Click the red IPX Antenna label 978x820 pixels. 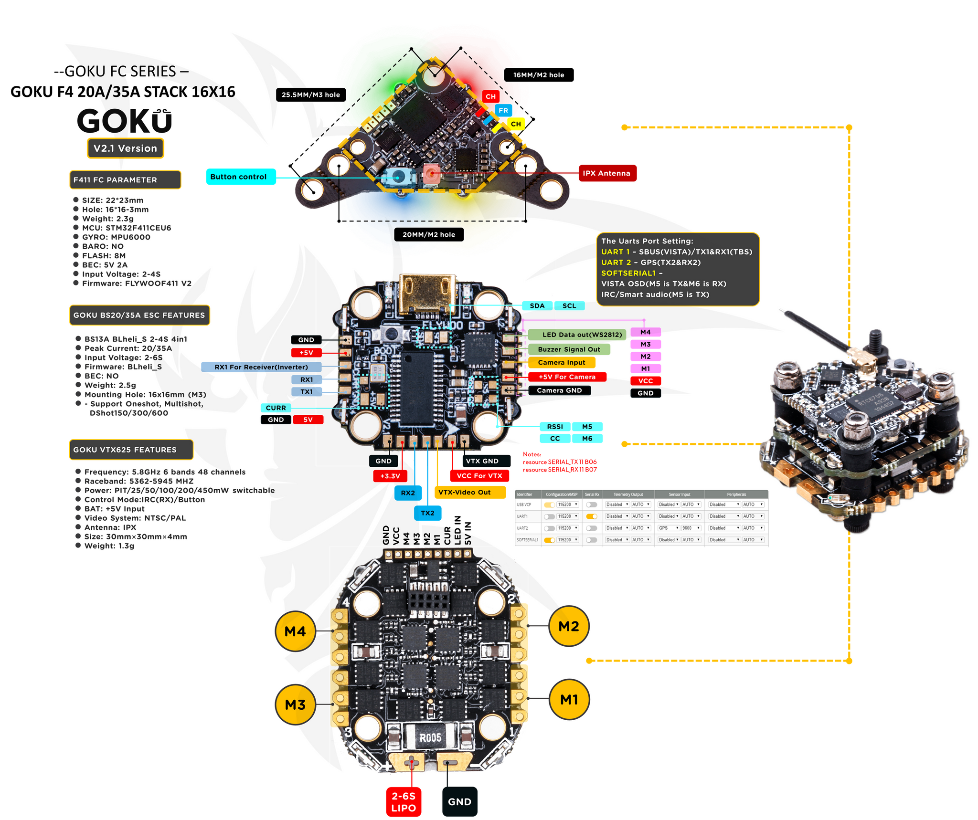pyautogui.click(x=607, y=173)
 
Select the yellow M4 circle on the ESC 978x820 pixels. pyautogui.click(x=295, y=631)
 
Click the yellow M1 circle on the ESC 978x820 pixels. pyautogui.click(x=569, y=700)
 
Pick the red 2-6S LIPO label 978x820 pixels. pyautogui.click(x=404, y=802)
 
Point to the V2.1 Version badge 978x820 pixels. pyautogui.click(x=125, y=148)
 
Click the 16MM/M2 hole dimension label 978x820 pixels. pyautogui.click(x=539, y=75)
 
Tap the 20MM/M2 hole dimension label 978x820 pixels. pyautogui.click(x=428, y=234)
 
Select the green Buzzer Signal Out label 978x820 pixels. pyautogui.click(x=569, y=349)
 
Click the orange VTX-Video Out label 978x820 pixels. pyautogui.click(x=469, y=492)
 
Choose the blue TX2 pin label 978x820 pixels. pyautogui.click(x=427, y=513)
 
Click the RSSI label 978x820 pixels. pyautogui.click(x=555, y=427)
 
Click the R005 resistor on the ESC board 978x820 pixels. pyautogui.click(x=430, y=738)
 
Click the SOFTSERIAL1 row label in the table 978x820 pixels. pyautogui.click(x=527, y=540)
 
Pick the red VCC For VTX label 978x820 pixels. pyautogui.click(x=479, y=476)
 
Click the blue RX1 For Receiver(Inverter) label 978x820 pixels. pyautogui.click(x=261, y=367)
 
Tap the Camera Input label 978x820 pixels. pyautogui.click(x=561, y=363)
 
